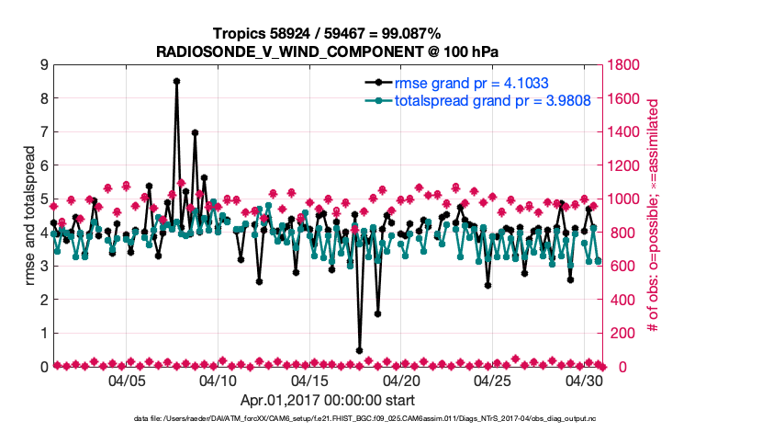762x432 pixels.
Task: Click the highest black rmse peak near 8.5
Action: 176,81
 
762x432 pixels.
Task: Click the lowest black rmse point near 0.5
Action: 359,350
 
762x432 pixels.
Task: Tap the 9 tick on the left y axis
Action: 43,65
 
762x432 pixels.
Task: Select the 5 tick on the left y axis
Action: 43,199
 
